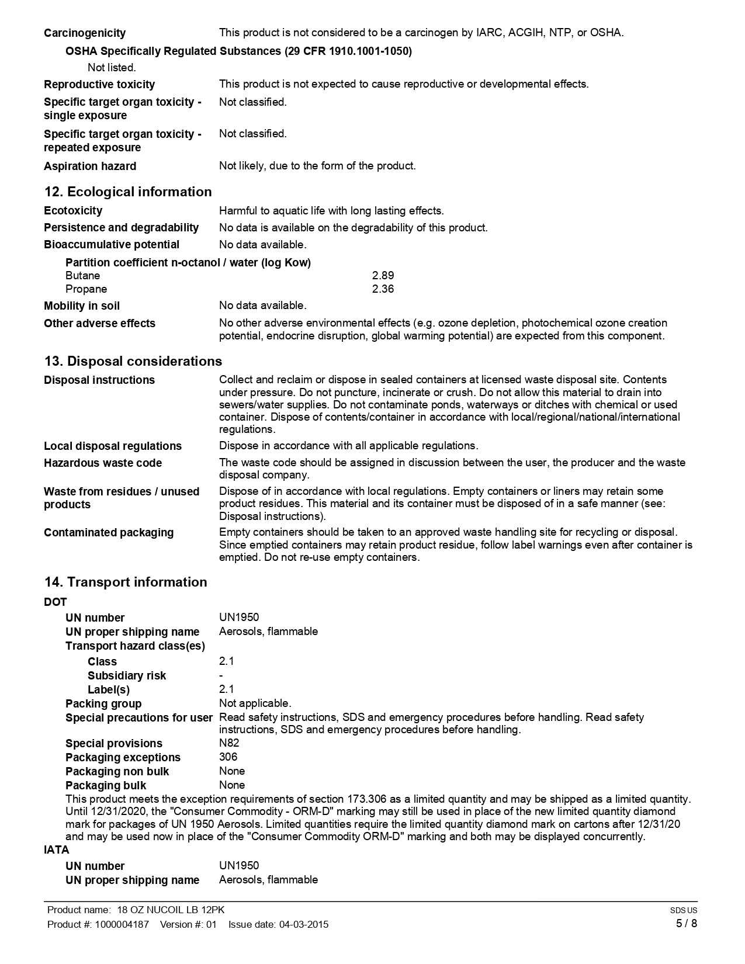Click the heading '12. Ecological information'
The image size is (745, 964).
128,192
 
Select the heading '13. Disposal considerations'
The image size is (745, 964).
133,361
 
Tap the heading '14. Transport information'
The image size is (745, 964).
126,582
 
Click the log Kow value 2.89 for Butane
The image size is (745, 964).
383,275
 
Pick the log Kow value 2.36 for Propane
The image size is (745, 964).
383,289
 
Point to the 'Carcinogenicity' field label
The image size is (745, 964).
85,33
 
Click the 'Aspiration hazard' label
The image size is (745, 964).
90,167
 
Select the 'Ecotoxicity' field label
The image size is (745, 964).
73,211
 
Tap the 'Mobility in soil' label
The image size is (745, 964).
82,306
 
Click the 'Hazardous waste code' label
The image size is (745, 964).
103,463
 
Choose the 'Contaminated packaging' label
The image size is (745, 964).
109,533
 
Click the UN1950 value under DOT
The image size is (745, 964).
239,618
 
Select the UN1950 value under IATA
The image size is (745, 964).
239,866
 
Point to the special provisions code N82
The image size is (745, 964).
229,743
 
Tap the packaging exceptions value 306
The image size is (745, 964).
228,757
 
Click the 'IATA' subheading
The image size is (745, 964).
57,850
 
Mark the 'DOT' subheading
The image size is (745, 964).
56,602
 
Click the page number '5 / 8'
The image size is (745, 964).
686,924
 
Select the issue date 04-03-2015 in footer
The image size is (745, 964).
304,924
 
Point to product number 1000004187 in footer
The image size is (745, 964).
121,924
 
